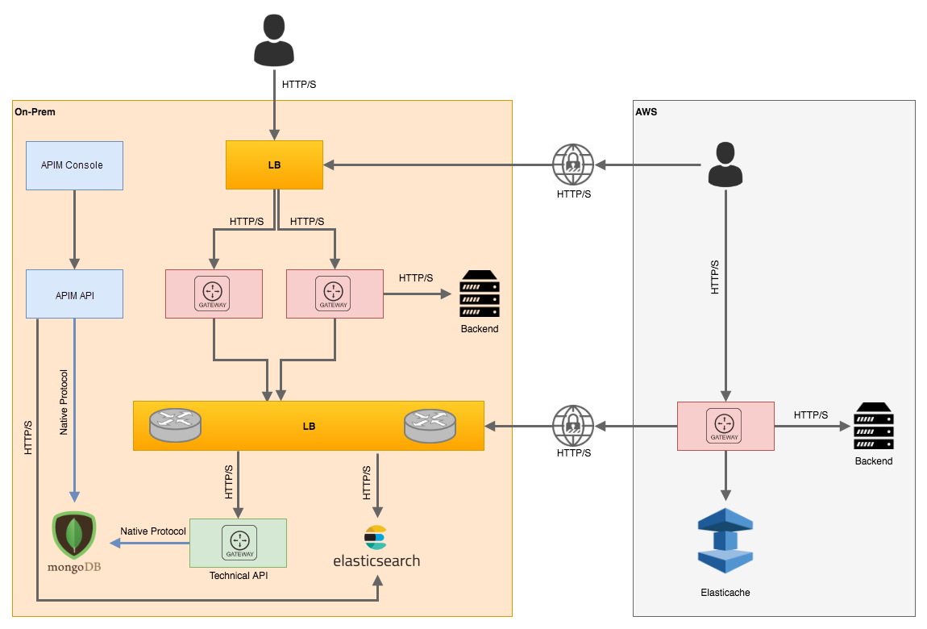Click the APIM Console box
(74, 165)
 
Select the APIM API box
(74, 294)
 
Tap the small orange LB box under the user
(274, 165)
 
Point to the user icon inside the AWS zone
(725, 165)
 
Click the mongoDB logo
(74, 540)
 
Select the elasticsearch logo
(376, 548)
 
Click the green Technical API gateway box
(239, 542)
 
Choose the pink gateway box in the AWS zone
(725, 426)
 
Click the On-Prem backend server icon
(480, 294)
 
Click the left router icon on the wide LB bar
(175, 425)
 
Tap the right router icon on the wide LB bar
(430, 425)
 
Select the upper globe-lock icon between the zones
(573, 165)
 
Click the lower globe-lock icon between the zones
(573, 425)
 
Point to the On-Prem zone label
(35, 111)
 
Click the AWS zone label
(646, 112)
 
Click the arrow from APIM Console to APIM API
(74, 230)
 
